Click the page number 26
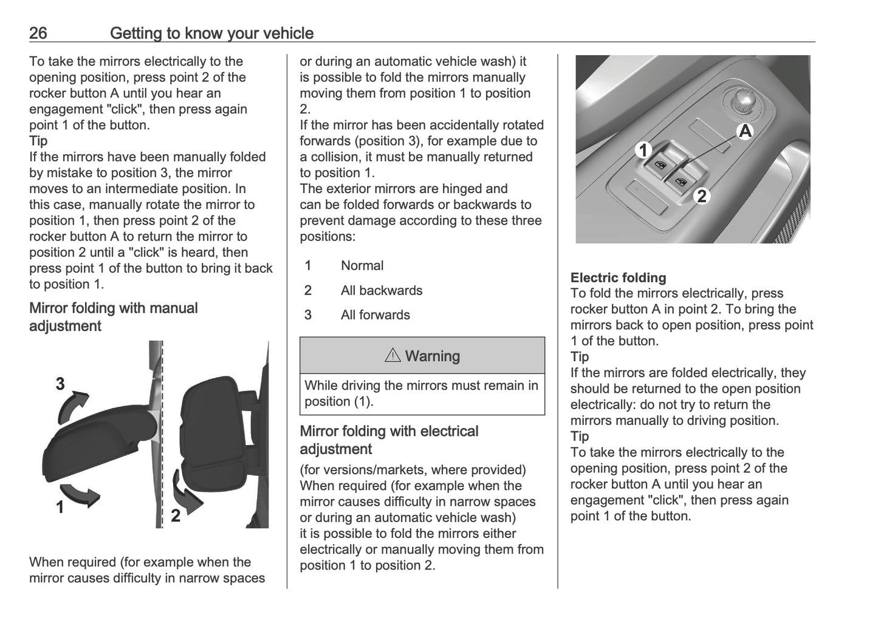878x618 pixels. coord(38,33)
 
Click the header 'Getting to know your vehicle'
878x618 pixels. coord(211,33)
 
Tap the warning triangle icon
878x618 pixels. coord(393,356)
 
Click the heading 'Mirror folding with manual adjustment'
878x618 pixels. coord(114,317)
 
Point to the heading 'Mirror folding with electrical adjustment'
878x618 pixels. coord(389,440)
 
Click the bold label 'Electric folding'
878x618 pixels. coord(618,278)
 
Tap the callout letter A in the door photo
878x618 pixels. coord(745,131)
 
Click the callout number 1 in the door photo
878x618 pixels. coord(643,150)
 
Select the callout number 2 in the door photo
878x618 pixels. coord(702,196)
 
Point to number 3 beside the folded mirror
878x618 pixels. coord(60,384)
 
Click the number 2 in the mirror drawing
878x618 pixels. coord(176,516)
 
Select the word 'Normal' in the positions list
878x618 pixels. coord(362,266)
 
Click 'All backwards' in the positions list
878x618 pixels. coord(382,291)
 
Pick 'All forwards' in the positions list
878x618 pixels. coord(376,315)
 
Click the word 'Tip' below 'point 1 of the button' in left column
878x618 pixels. coord(38,141)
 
